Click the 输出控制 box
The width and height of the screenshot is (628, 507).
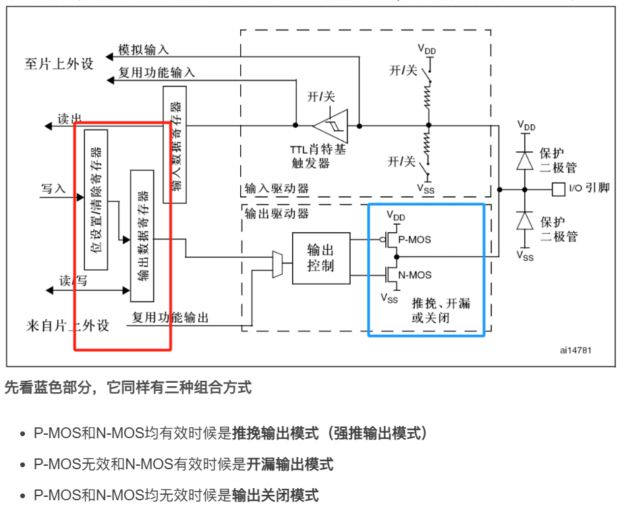(x=321, y=258)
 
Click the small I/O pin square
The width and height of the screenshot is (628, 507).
(x=558, y=189)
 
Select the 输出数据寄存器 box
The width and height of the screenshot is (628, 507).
(x=142, y=236)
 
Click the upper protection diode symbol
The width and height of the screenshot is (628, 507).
(x=524, y=160)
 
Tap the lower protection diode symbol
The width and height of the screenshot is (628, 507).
(x=524, y=221)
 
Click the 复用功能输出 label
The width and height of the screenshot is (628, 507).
(x=170, y=317)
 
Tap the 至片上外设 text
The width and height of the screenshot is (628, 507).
(x=59, y=65)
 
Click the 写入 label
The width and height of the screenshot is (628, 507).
(x=53, y=189)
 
